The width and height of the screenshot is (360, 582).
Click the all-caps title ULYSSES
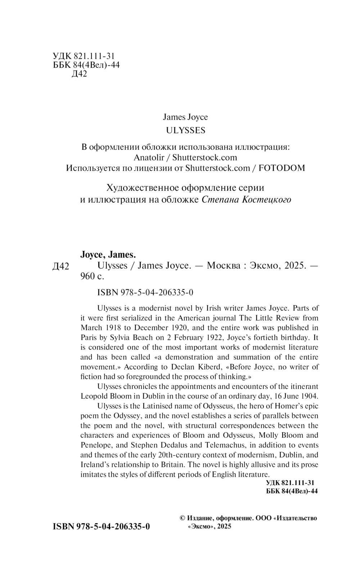coord(185,130)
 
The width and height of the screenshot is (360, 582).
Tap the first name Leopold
coord(94,396)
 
